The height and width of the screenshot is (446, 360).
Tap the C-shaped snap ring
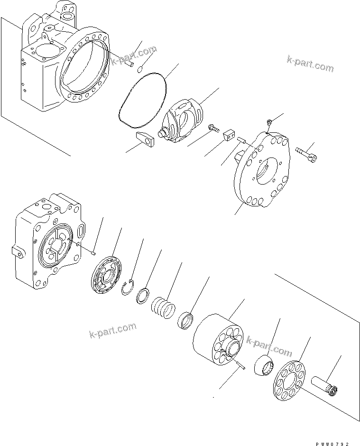[128, 288]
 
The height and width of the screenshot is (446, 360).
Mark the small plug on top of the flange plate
[268, 122]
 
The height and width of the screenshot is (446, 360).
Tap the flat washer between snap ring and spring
[143, 296]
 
